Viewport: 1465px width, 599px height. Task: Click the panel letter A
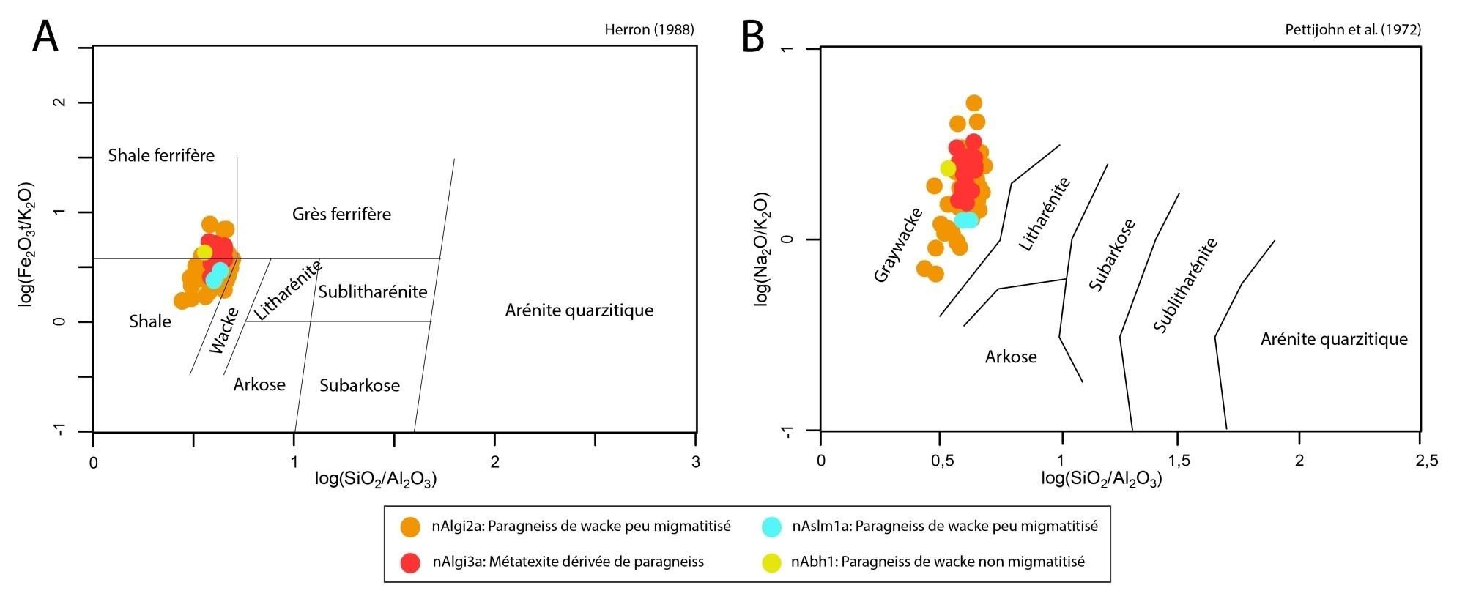coord(45,37)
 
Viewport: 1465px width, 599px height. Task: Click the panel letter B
coord(753,37)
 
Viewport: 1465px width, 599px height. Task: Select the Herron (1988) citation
coord(649,30)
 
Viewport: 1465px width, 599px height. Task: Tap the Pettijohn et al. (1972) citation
coord(1353,30)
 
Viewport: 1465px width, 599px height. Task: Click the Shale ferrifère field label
coord(161,155)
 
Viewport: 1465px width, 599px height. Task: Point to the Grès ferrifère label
coord(341,214)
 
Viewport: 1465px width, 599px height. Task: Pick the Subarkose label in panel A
coord(360,385)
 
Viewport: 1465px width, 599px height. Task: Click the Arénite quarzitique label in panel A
coord(579,310)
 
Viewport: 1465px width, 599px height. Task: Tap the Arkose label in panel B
coord(1011,357)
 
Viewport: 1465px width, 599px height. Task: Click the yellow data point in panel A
coord(204,252)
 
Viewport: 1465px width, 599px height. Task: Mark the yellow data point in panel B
coord(949,168)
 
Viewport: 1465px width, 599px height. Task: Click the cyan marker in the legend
coord(772,526)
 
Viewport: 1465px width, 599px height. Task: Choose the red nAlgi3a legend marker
coord(411,562)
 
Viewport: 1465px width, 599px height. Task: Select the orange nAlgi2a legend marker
coord(411,526)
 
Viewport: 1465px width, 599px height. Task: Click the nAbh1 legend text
coord(938,562)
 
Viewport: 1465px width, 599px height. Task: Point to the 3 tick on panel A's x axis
coord(696,462)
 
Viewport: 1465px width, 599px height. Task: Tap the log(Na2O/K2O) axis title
coord(762,249)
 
